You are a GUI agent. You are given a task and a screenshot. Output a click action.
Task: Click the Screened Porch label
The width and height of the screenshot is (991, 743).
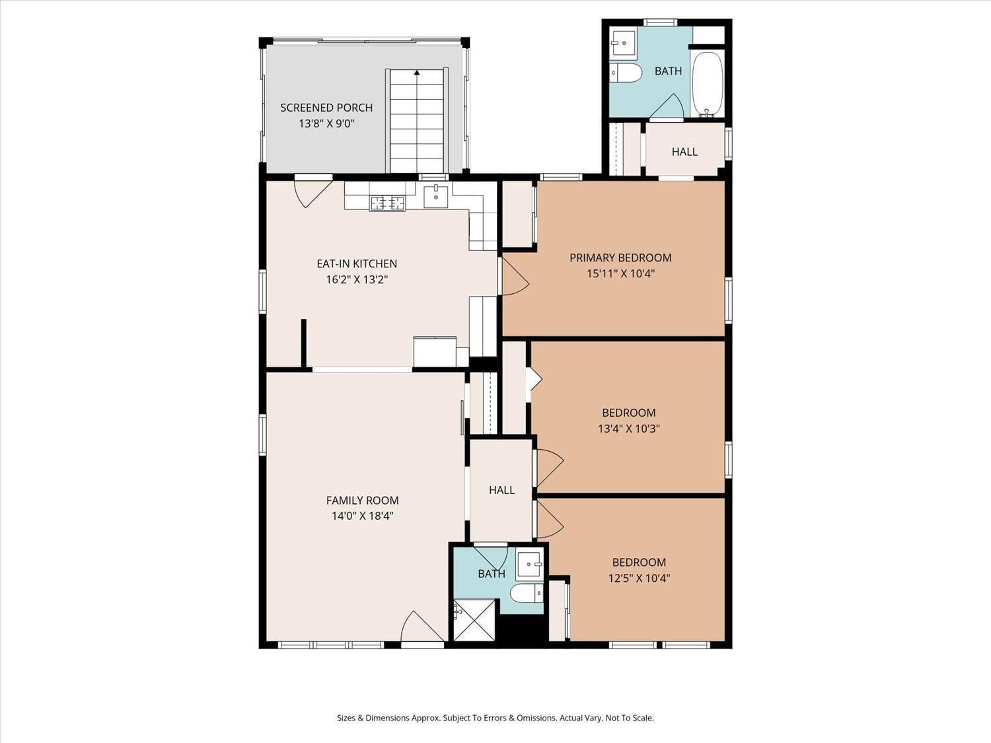pos(326,108)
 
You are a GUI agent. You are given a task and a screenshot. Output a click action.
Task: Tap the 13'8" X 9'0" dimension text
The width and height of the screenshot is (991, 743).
pos(326,124)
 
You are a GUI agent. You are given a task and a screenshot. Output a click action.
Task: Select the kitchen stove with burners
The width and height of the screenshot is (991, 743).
pos(387,203)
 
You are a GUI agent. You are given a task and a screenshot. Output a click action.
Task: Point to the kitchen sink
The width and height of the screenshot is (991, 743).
pos(436,196)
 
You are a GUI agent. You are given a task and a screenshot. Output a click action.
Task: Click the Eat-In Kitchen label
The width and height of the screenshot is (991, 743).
pos(357,264)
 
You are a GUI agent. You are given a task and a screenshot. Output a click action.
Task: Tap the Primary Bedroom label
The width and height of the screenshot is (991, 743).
pos(620,258)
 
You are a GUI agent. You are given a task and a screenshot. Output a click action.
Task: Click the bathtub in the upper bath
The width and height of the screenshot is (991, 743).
pos(708,84)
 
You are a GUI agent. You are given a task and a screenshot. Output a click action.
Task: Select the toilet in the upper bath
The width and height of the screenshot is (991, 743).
pos(626,73)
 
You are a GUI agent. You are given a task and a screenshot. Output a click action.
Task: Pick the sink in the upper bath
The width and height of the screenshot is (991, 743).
pos(622,45)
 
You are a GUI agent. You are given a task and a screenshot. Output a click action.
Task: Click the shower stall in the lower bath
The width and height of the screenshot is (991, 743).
pos(474,619)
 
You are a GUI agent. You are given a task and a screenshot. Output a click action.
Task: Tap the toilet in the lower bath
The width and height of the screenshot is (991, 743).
pos(528,593)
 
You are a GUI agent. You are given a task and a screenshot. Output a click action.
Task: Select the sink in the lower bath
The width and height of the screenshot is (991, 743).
pos(529,565)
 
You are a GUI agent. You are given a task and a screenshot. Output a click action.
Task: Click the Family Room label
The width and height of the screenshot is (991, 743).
pos(362,501)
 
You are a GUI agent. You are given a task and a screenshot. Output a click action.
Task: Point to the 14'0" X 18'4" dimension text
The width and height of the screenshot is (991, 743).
pos(362,516)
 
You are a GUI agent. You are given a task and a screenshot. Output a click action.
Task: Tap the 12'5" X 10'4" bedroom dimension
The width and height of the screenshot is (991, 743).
pos(639,579)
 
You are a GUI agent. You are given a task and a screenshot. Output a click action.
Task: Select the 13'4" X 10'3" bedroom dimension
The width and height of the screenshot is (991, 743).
pos(628,429)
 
